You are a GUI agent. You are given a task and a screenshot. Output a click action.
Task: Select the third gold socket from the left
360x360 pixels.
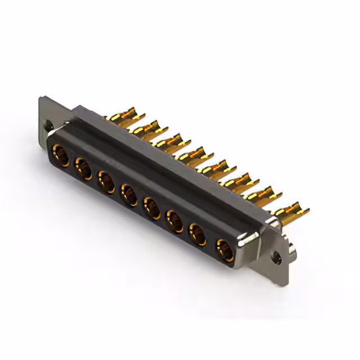click(106, 182)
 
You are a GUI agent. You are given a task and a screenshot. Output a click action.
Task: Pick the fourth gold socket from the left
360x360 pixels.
click(129, 195)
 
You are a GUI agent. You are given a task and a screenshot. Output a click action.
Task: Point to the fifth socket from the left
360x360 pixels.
click(152, 208)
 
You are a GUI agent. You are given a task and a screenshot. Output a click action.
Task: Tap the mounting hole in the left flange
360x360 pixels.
click(48, 127)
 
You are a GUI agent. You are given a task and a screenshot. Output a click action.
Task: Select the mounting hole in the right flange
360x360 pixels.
click(276, 258)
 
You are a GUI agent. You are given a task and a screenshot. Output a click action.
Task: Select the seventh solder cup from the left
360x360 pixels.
click(262, 194)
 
